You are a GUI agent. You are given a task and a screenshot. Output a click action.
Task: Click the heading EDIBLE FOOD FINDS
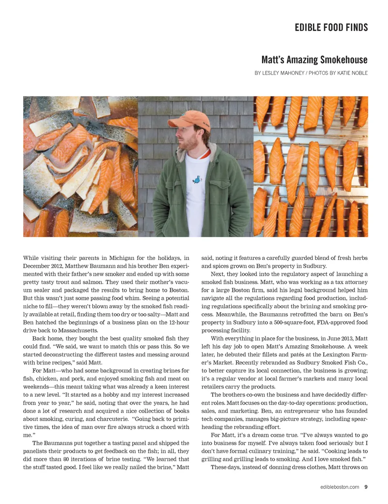pos(331,28)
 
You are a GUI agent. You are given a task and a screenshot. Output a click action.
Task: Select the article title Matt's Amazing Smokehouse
pos(314,60)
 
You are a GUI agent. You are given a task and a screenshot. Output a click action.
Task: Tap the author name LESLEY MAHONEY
pos(283,73)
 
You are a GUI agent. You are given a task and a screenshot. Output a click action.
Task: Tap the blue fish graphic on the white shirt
pos(197,179)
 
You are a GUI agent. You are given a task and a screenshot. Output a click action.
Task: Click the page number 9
pos(366,487)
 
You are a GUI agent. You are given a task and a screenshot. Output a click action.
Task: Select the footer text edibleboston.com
pos(339,487)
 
